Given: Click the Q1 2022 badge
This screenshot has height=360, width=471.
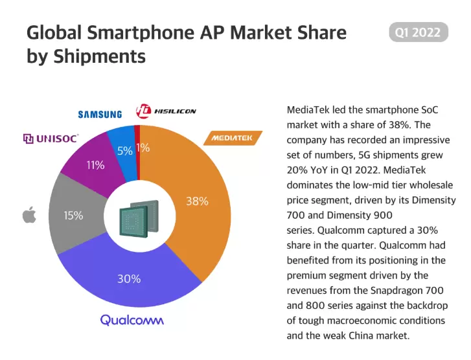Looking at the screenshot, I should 418,32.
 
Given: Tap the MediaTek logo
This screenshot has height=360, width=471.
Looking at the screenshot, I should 233,139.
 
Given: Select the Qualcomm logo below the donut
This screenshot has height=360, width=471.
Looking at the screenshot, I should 132,320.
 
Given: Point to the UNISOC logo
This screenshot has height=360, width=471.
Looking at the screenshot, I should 51,139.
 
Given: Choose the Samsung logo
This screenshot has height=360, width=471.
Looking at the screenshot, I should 100,115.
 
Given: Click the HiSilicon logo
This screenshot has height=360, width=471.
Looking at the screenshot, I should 166,111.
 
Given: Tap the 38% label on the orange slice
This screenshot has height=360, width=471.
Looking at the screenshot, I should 197,201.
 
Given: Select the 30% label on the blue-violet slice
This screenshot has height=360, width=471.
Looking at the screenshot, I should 129,279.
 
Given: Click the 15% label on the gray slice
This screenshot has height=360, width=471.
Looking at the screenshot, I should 73,216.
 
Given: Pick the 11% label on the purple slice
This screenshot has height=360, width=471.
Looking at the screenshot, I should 95,165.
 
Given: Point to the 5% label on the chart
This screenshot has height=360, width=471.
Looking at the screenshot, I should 125,151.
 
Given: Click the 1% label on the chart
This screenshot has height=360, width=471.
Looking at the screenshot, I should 143,148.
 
